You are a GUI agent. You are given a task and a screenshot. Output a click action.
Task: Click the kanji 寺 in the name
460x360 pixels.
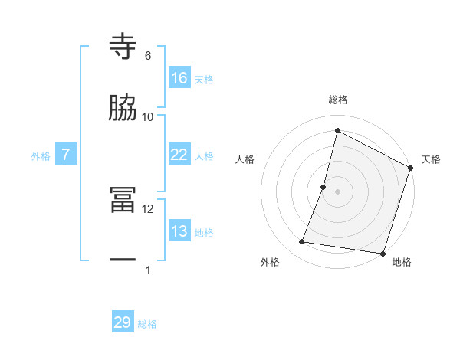click(x=123, y=47)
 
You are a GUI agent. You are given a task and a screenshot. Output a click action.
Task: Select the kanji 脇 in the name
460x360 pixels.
click(x=123, y=109)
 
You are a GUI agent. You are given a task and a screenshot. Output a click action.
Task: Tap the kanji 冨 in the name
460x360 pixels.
click(x=123, y=201)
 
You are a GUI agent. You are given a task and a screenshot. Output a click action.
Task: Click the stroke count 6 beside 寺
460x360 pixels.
click(x=148, y=56)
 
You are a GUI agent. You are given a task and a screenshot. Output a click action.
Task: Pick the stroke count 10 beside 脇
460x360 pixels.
click(x=148, y=117)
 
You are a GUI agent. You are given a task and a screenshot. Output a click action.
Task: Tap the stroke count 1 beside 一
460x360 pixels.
click(x=148, y=270)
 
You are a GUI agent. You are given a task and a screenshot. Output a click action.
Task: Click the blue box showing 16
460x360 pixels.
click(x=179, y=78)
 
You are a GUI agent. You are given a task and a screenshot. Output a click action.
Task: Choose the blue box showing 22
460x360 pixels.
click(x=179, y=155)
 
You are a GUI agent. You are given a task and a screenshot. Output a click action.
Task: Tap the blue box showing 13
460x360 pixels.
click(x=179, y=231)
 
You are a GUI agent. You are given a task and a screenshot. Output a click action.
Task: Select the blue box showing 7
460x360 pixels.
click(x=66, y=155)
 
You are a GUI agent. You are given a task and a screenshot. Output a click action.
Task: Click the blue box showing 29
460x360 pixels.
click(x=123, y=322)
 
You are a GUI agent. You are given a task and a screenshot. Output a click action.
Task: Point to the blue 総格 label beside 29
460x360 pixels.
click(x=148, y=324)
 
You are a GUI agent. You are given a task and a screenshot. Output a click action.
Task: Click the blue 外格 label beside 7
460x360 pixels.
click(x=41, y=156)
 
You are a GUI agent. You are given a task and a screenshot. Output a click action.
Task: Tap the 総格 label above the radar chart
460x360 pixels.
click(x=337, y=100)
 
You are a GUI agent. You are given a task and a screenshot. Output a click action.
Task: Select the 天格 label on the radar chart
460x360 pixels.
click(x=431, y=159)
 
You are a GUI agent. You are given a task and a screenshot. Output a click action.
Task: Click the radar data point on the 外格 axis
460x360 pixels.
click(x=302, y=242)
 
